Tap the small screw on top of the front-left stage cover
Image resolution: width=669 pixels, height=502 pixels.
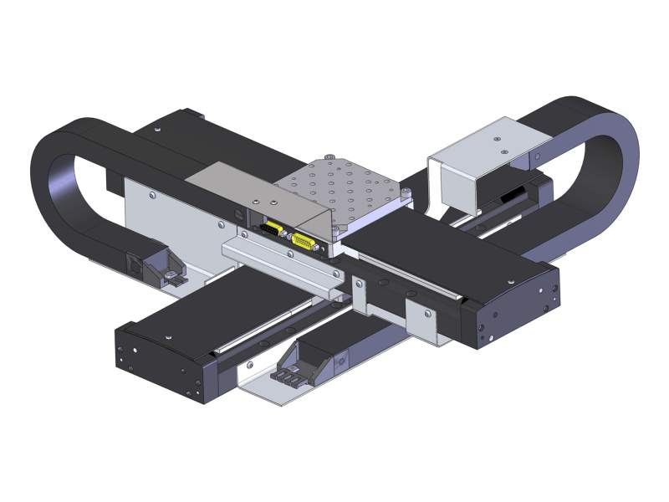tap(168, 337)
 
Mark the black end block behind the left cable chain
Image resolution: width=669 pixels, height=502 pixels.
tap(171, 123)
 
